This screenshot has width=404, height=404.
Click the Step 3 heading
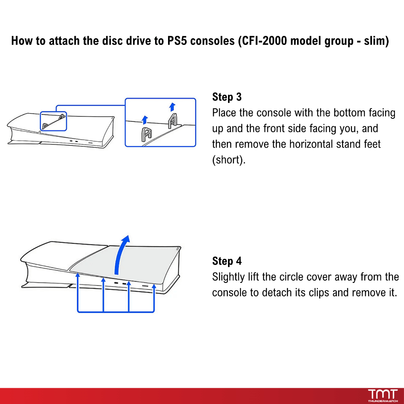tap(227, 97)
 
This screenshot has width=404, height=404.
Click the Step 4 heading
tap(227, 261)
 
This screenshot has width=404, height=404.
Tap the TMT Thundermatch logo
tap(383, 395)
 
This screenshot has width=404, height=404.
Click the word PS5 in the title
tap(177, 41)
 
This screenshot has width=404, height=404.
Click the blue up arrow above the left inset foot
tap(145, 120)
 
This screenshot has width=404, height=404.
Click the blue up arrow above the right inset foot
tap(172, 107)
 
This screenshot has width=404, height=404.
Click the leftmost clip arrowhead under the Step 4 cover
tap(78, 275)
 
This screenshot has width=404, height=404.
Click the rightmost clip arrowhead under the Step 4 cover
tap(154, 286)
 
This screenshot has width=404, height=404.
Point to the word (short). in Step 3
tap(229, 160)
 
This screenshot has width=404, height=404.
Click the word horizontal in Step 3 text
tap(306, 144)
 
